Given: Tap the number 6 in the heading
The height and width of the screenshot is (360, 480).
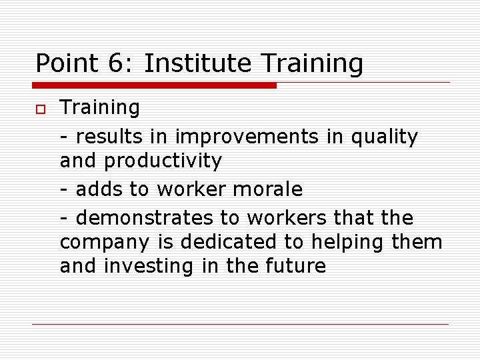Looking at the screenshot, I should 115,64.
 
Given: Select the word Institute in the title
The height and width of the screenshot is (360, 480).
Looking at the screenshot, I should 197,64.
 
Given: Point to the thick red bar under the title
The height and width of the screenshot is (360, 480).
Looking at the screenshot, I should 154,85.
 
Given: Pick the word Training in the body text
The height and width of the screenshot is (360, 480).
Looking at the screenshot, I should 100,108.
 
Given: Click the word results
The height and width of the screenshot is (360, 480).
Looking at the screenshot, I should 109,137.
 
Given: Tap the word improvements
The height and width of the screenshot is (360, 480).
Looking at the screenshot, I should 247,137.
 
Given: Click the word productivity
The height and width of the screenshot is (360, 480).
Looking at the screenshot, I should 163,161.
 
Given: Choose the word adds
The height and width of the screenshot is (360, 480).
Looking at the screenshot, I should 100,189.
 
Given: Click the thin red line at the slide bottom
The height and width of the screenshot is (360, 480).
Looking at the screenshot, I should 240,325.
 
